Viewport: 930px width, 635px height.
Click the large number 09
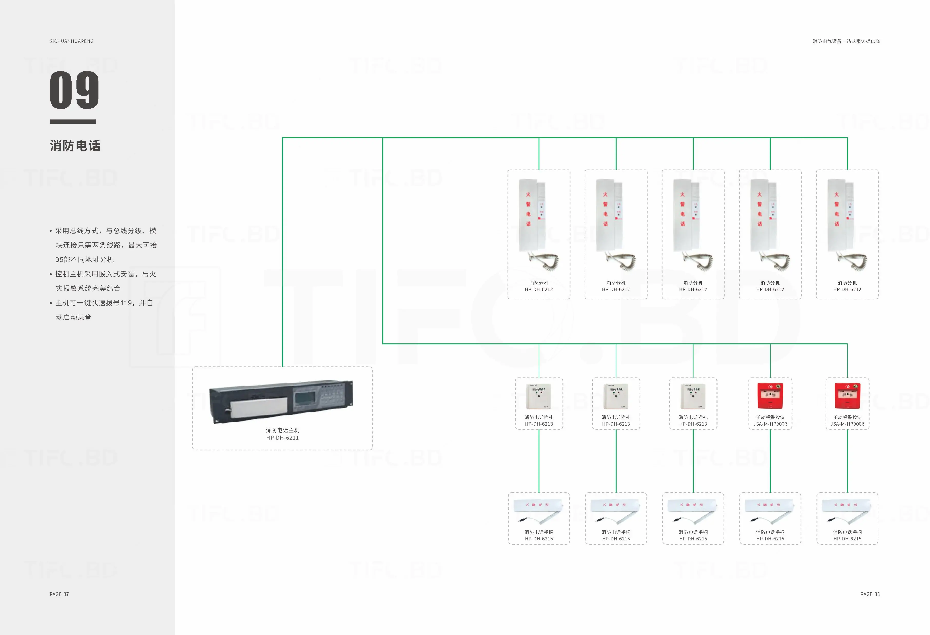[74, 90]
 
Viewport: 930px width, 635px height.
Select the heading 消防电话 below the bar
[75, 146]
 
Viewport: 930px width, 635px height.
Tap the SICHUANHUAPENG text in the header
[72, 41]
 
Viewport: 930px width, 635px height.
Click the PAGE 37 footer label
[59, 594]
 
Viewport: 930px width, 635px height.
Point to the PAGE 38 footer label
[870, 594]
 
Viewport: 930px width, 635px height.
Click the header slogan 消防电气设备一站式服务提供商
[846, 41]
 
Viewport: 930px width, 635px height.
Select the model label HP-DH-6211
[283, 438]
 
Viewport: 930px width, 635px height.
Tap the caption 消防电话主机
[283, 430]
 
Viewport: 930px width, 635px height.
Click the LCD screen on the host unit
[305, 399]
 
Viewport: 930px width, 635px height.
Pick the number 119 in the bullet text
[126, 303]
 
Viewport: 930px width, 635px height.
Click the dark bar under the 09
[73, 122]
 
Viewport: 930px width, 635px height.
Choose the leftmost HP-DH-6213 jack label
[539, 424]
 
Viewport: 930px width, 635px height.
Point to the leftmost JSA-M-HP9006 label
[770, 424]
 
